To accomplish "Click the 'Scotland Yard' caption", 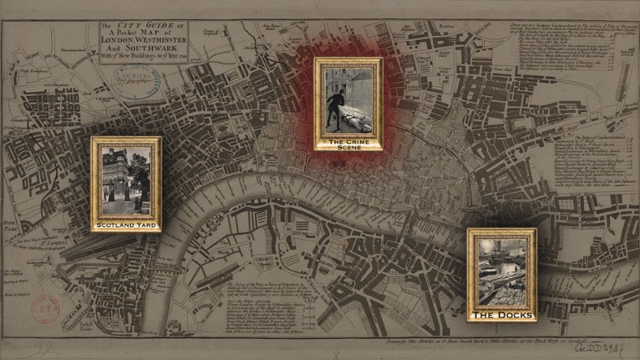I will pos(126,226).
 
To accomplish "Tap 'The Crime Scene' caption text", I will pos(348,146).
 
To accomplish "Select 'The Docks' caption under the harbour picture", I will pos(502,316).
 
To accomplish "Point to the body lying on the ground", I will pos(355,121).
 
